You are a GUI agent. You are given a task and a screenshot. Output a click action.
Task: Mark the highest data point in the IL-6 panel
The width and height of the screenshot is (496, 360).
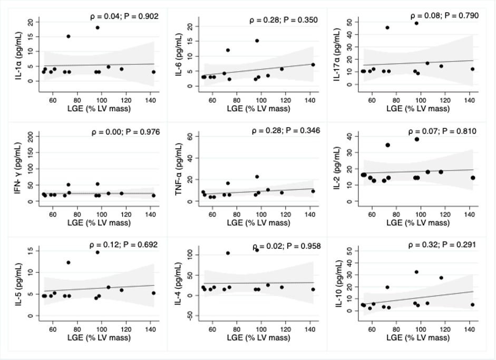(257, 41)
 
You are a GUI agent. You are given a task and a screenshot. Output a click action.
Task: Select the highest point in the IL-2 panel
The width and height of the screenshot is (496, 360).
(416, 139)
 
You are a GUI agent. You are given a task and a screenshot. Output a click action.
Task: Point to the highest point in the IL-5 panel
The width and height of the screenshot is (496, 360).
(98, 252)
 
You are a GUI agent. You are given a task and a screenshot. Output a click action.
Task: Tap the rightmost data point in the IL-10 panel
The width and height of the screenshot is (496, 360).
(472, 304)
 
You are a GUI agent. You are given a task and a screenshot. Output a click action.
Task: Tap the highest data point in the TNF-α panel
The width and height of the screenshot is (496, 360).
(257, 177)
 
